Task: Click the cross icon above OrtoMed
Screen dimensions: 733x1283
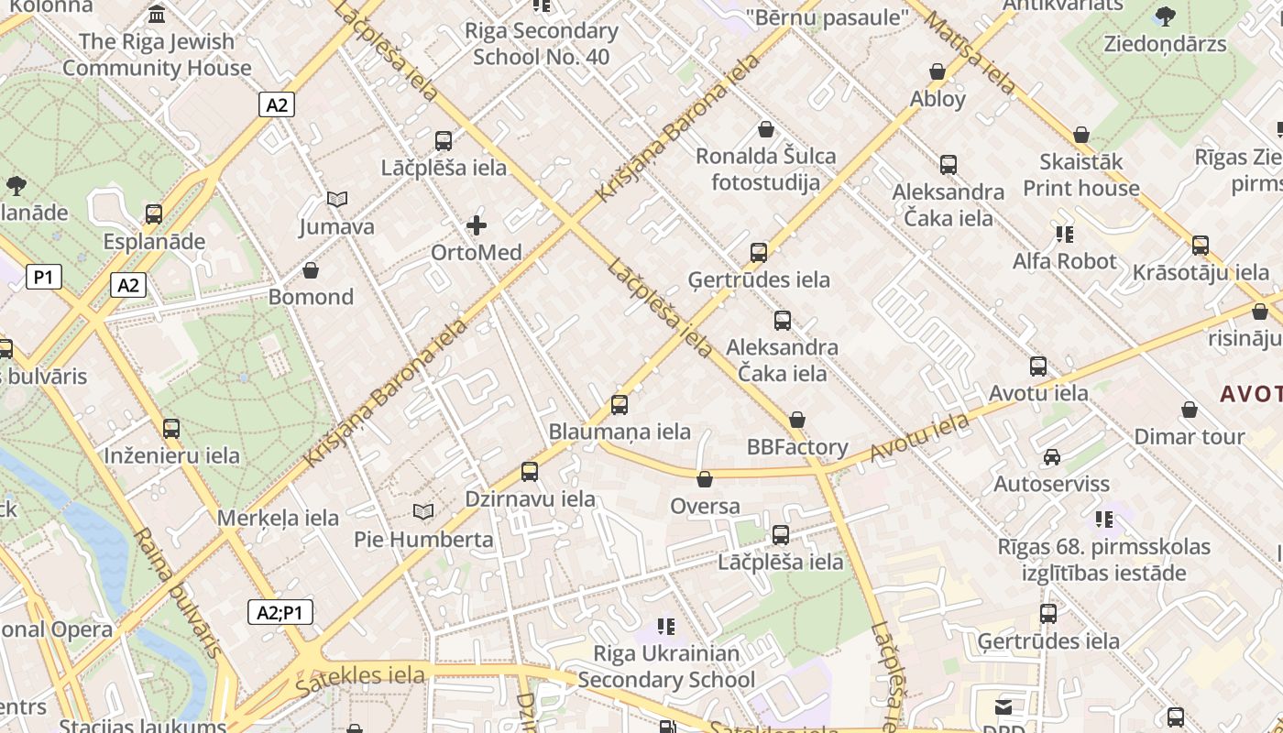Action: tap(477, 224)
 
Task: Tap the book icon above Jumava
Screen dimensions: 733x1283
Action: tap(337, 199)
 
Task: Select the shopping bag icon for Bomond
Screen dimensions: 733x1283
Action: tap(311, 270)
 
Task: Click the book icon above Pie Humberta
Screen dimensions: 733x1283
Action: tap(422, 511)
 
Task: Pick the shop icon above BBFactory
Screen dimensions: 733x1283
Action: tap(797, 420)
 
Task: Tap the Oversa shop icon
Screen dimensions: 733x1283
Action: tap(705, 479)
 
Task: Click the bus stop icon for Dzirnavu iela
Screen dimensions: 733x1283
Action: tap(530, 472)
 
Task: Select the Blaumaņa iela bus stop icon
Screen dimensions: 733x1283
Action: tap(620, 404)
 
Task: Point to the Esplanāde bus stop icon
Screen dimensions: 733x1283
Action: tap(154, 214)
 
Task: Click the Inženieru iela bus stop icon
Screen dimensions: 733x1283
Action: tap(171, 428)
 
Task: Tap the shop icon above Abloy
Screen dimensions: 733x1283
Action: tap(938, 71)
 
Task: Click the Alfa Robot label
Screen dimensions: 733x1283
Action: tap(1064, 261)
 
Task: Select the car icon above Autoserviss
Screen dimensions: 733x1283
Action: tap(1052, 456)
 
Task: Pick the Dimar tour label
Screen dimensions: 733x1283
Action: tap(1190, 436)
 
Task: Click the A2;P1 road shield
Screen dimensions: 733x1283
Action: tap(280, 612)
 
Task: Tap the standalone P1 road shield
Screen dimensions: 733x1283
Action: tap(44, 277)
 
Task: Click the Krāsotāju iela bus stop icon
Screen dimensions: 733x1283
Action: tap(1201, 246)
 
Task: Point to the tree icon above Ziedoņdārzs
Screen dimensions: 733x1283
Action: tap(1166, 16)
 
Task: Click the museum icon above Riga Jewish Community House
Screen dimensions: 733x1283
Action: tap(157, 15)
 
